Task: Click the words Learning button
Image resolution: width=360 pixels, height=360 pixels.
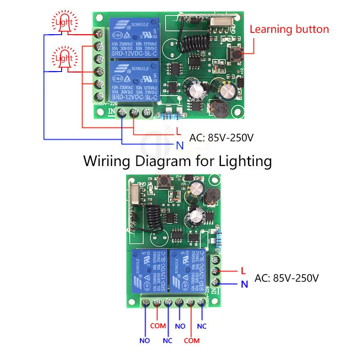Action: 289,30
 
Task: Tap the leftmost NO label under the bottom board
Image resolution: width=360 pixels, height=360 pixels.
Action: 144,341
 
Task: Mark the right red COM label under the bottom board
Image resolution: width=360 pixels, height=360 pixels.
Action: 192,341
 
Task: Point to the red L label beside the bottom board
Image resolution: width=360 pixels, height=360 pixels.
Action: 243,271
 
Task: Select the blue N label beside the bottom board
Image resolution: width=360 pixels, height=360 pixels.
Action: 243,284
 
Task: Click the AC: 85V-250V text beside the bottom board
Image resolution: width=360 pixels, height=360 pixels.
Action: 287,278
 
